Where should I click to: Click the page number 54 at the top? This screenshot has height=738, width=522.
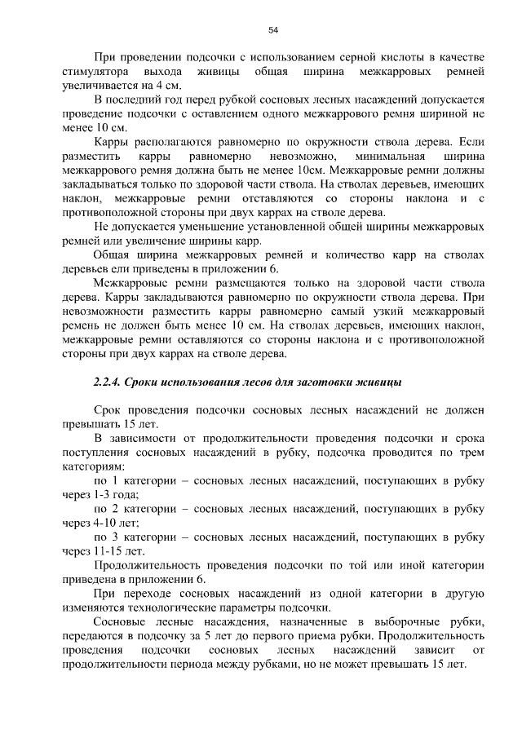click(273, 30)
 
